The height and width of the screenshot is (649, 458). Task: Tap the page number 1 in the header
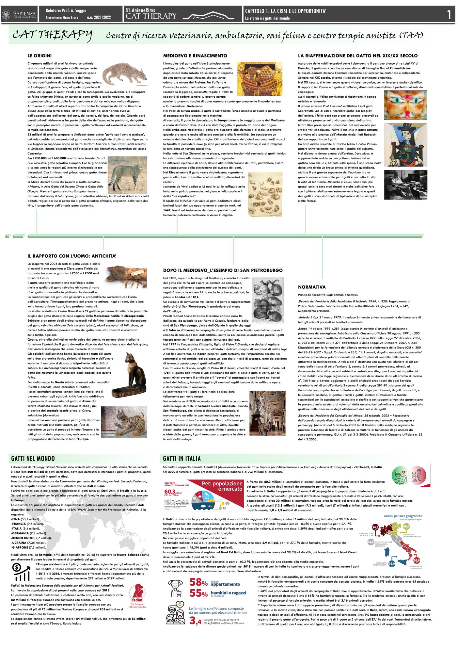(x=449, y=15)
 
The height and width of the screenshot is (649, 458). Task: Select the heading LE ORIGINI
(x=39, y=56)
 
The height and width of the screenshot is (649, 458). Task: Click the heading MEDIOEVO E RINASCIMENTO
(x=195, y=56)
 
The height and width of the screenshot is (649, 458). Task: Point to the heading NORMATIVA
(x=312, y=287)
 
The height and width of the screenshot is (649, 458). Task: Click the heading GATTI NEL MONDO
(x=33, y=459)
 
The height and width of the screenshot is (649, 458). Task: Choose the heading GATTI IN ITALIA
(x=182, y=459)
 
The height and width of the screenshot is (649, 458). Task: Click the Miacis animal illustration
(x=125, y=74)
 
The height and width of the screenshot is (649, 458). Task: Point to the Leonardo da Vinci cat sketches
(x=265, y=194)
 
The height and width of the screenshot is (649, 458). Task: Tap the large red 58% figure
(x=198, y=582)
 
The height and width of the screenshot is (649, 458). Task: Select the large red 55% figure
(x=198, y=593)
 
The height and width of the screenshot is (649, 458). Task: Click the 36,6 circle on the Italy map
(x=416, y=560)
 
